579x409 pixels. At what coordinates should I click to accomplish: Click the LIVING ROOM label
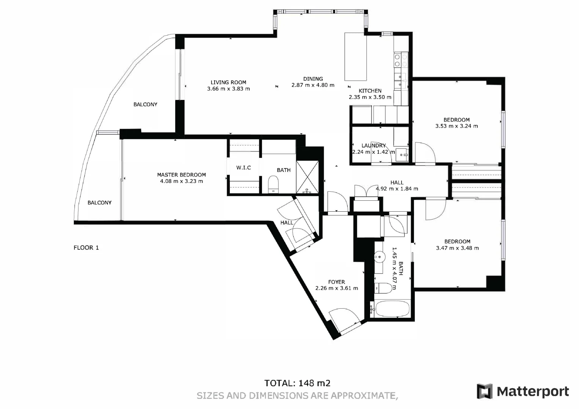(228, 82)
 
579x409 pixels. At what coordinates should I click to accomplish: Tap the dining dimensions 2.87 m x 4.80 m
(313, 85)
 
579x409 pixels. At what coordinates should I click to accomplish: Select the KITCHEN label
(370, 91)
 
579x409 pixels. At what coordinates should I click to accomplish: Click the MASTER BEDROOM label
(181, 175)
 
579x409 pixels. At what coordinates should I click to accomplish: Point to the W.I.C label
(243, 167)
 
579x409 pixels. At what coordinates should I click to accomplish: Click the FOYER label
(336, 282)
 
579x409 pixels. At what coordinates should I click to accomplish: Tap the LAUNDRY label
(373, 145)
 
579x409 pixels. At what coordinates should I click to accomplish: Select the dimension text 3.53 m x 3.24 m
(457, 126)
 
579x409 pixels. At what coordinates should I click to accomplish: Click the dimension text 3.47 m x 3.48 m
(457, 248)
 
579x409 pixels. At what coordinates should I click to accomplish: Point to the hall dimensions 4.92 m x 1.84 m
(397, 189)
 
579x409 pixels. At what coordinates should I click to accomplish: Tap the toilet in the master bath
(273, 184)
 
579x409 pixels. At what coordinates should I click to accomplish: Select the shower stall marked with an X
(308, 177)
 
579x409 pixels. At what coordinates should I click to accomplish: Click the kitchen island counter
(356, 57)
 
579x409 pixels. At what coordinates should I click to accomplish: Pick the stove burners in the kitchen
(401, 61)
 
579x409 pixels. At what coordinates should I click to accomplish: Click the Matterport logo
(523, 391)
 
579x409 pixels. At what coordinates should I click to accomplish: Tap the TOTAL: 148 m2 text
(297, 383)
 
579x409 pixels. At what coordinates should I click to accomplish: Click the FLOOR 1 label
(86, 248)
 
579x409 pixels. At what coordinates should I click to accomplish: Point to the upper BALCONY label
(145, 104)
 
